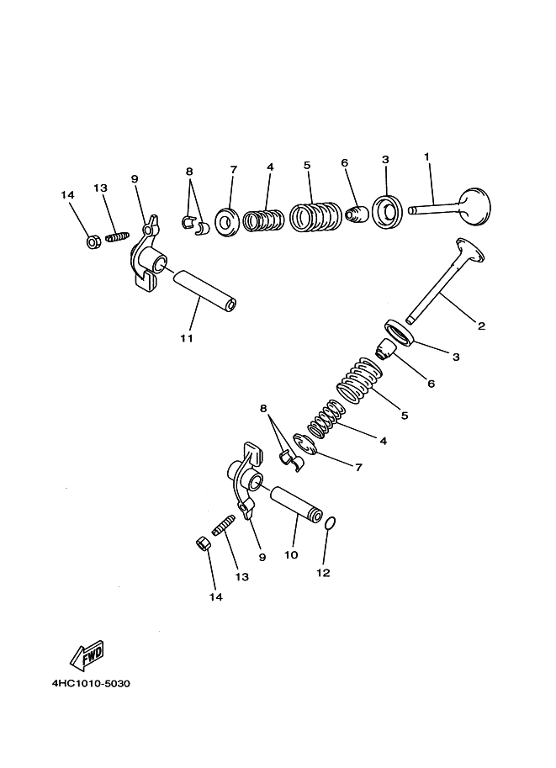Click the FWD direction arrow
tap(87, 654)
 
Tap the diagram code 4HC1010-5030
tap(91, 683)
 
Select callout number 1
tap(426, 156)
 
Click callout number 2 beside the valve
tap(481, 326)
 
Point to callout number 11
tap(187, 338)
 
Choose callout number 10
tap(291, 555)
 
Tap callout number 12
tap(323, 573)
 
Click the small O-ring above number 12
tap(331, 523)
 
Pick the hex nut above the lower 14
tap(204, 543)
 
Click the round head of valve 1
tap(474, 207)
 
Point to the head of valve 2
tap(469, 249)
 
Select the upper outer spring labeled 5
tap(315, 216)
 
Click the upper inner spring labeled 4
tap(263, 220)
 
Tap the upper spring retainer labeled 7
tap(227, 222)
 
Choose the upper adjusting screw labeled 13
tap(117, 236)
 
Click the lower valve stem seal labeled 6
tap(385, 349)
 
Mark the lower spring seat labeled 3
tap(400, 332)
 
